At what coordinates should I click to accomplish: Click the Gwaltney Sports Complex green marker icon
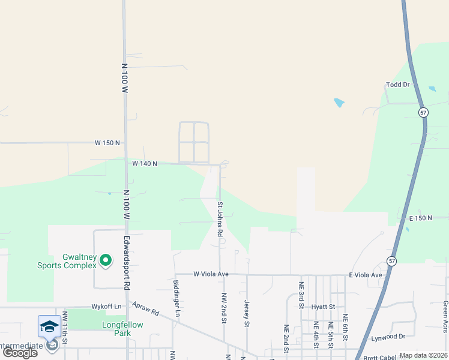(106, 260)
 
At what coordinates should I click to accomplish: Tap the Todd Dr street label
(397, 85)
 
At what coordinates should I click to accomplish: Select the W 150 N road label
(107, 143)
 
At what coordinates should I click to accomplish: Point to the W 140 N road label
(145, 163)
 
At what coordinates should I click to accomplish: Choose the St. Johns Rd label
(220, 219)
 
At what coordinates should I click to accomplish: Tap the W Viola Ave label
(211, 274)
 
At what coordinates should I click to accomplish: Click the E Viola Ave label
(366, 275)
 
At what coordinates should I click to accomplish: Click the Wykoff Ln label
(106, 307)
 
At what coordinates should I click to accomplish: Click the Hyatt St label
(324, 307)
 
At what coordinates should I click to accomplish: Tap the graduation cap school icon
(49, 325)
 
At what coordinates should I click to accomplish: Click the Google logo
(20, 353)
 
